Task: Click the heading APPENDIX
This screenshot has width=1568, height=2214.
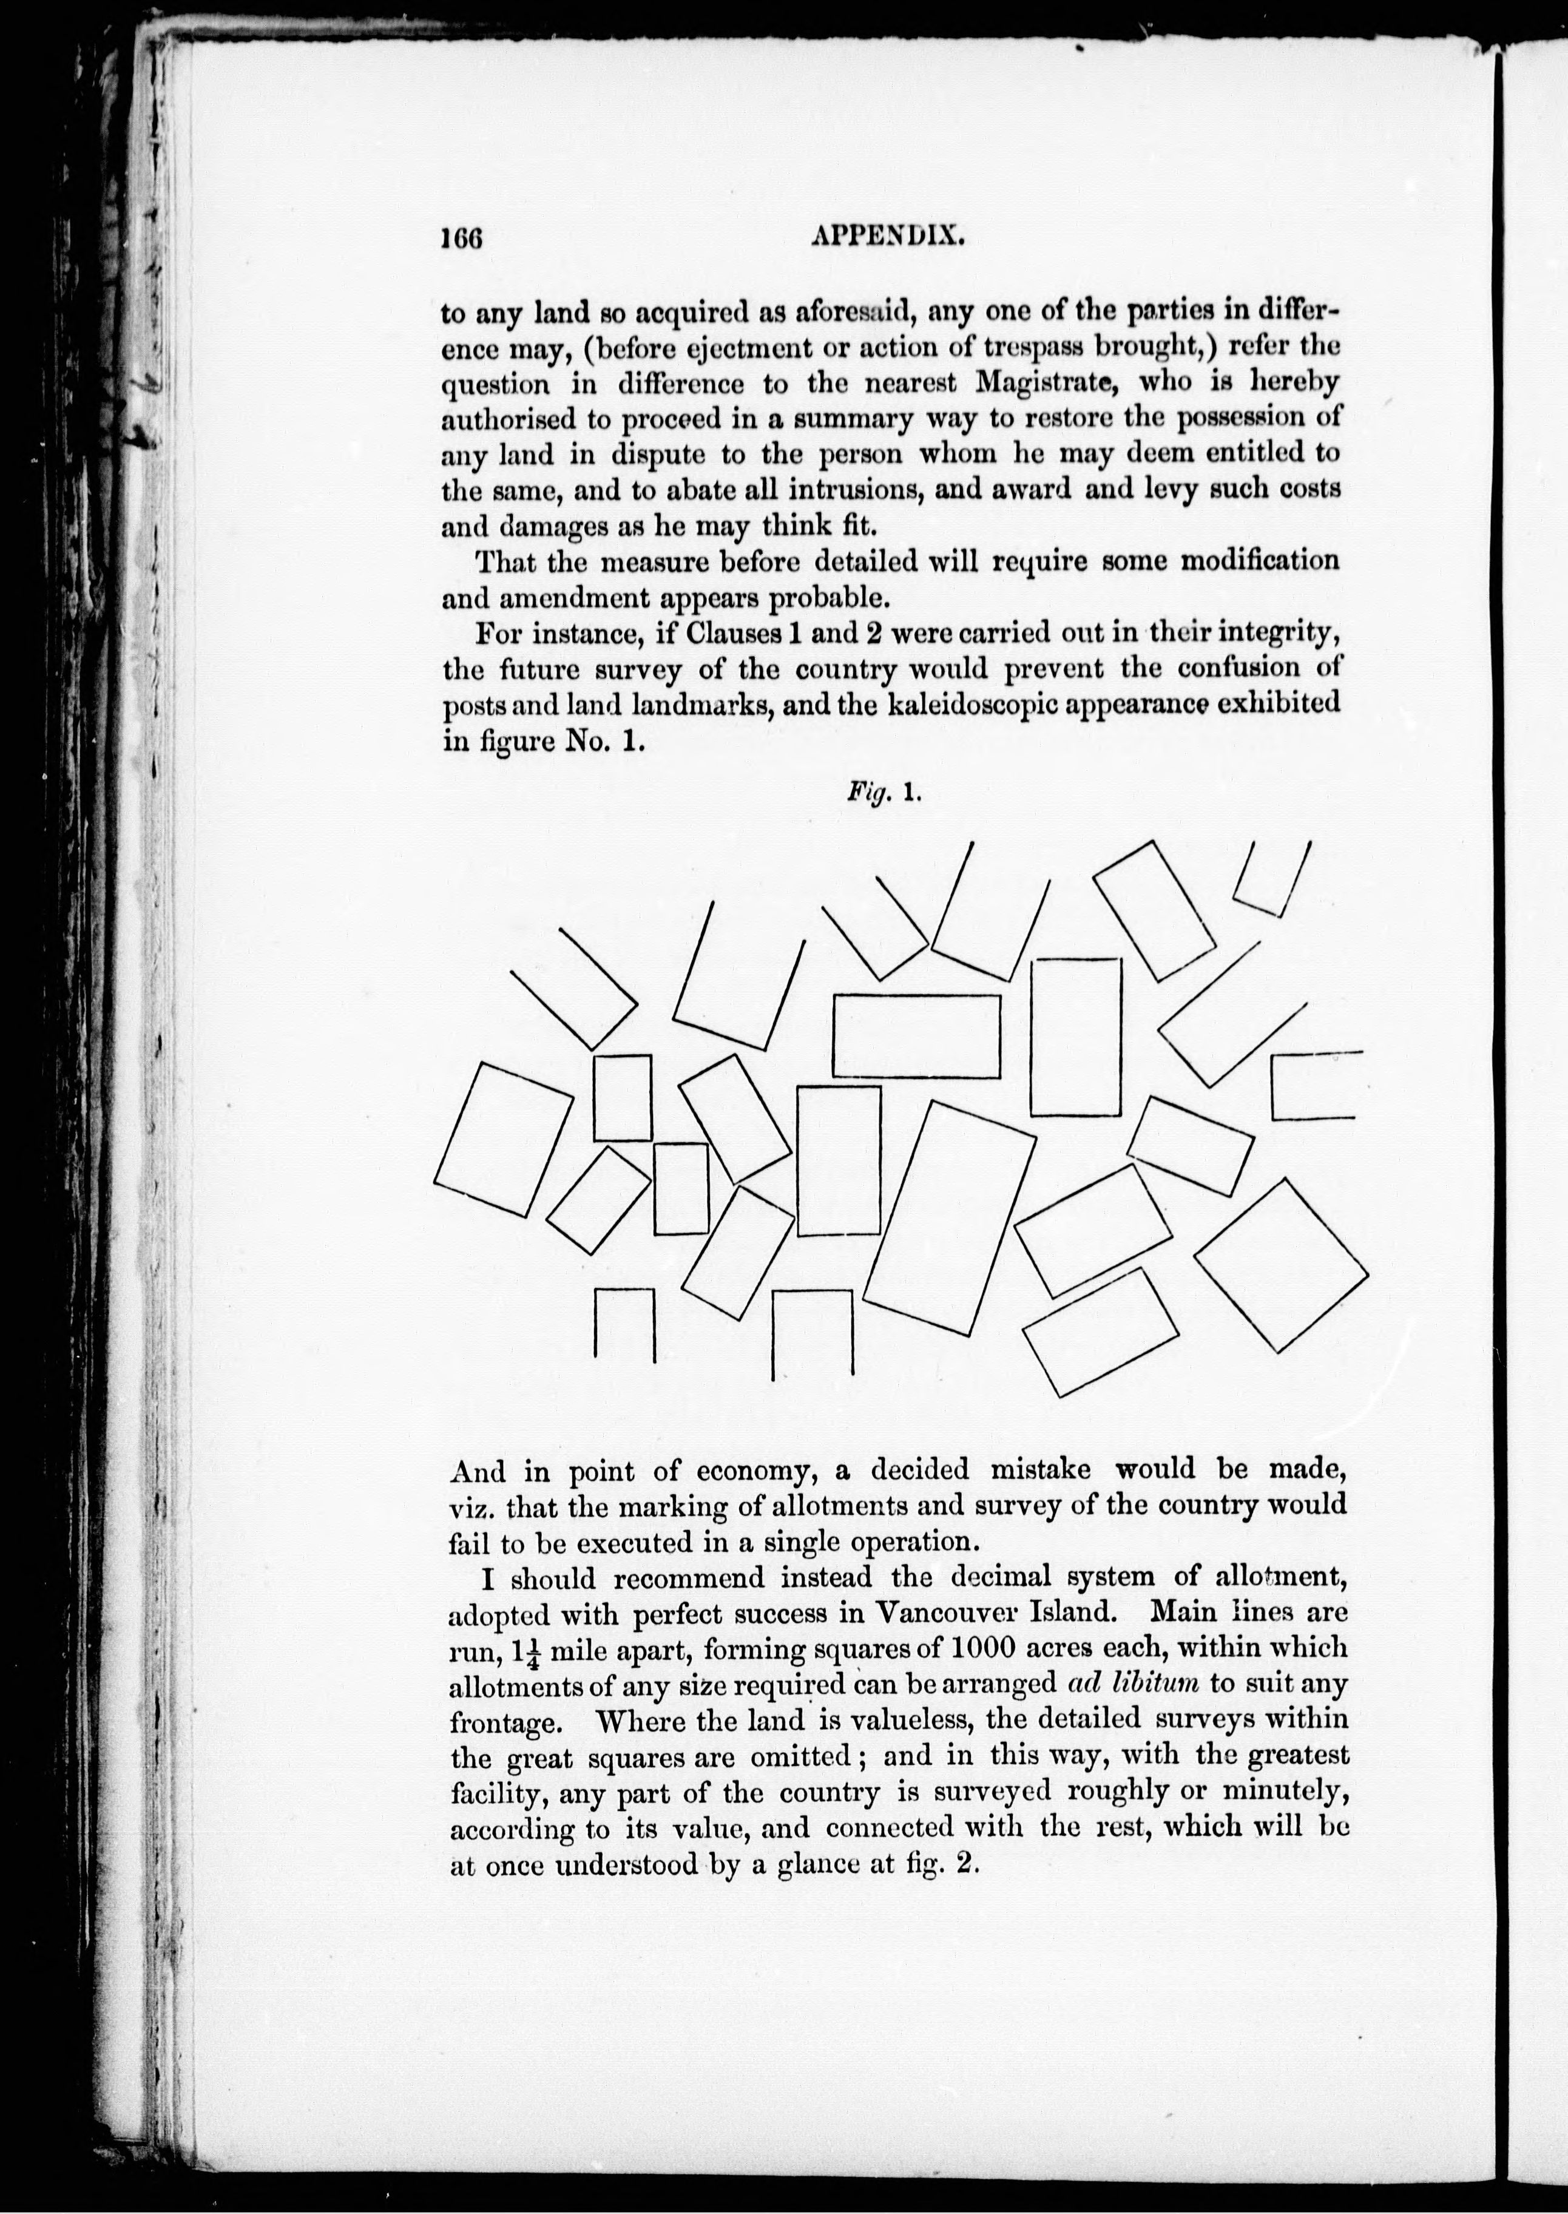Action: [x=888, y=237]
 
